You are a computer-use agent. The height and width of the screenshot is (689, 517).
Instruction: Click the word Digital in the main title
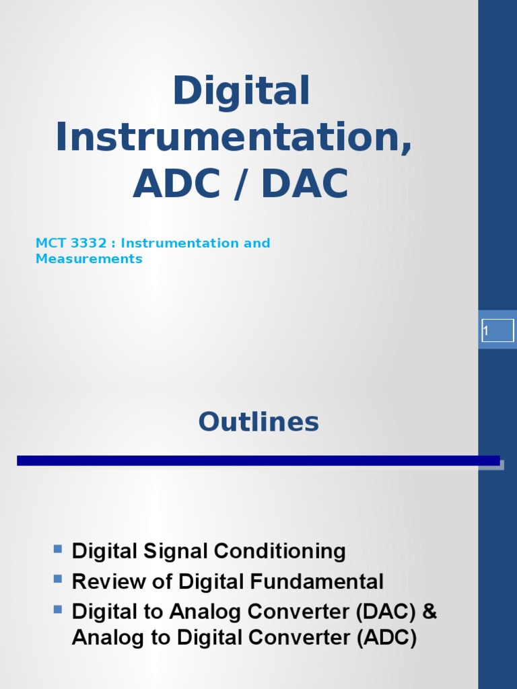click(x=242, y=90)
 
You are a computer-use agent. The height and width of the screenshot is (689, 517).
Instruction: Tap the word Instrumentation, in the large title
click(x=234, y=137)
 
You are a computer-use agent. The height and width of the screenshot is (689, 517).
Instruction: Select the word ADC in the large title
click(x=177, y=183)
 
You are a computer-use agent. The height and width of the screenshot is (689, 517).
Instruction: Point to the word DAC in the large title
click(x=305, y=183)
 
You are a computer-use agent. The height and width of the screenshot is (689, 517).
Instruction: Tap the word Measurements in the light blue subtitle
click(x=89, y=259)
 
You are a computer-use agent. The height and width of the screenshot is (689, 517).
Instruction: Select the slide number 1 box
click(x=497, y=330)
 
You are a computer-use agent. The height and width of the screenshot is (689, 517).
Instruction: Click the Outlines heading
click(x=258, y=422)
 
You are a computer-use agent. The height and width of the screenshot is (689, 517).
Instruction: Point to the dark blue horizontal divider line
click(x=258, y=460)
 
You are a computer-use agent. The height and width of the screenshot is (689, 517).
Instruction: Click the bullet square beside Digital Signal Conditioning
click(x=58, y=548)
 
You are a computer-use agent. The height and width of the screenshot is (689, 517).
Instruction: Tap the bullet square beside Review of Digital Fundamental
click(x=58, y=579)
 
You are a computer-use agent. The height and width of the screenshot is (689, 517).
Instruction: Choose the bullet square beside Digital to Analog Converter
click(x=58, y=609)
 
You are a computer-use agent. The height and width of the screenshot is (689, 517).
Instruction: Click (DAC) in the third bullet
click(x=386, y=612)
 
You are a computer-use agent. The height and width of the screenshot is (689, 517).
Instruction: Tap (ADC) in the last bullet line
click(x=386, y=638)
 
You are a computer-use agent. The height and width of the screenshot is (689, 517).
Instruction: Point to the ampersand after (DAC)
click(x=429, y=612)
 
